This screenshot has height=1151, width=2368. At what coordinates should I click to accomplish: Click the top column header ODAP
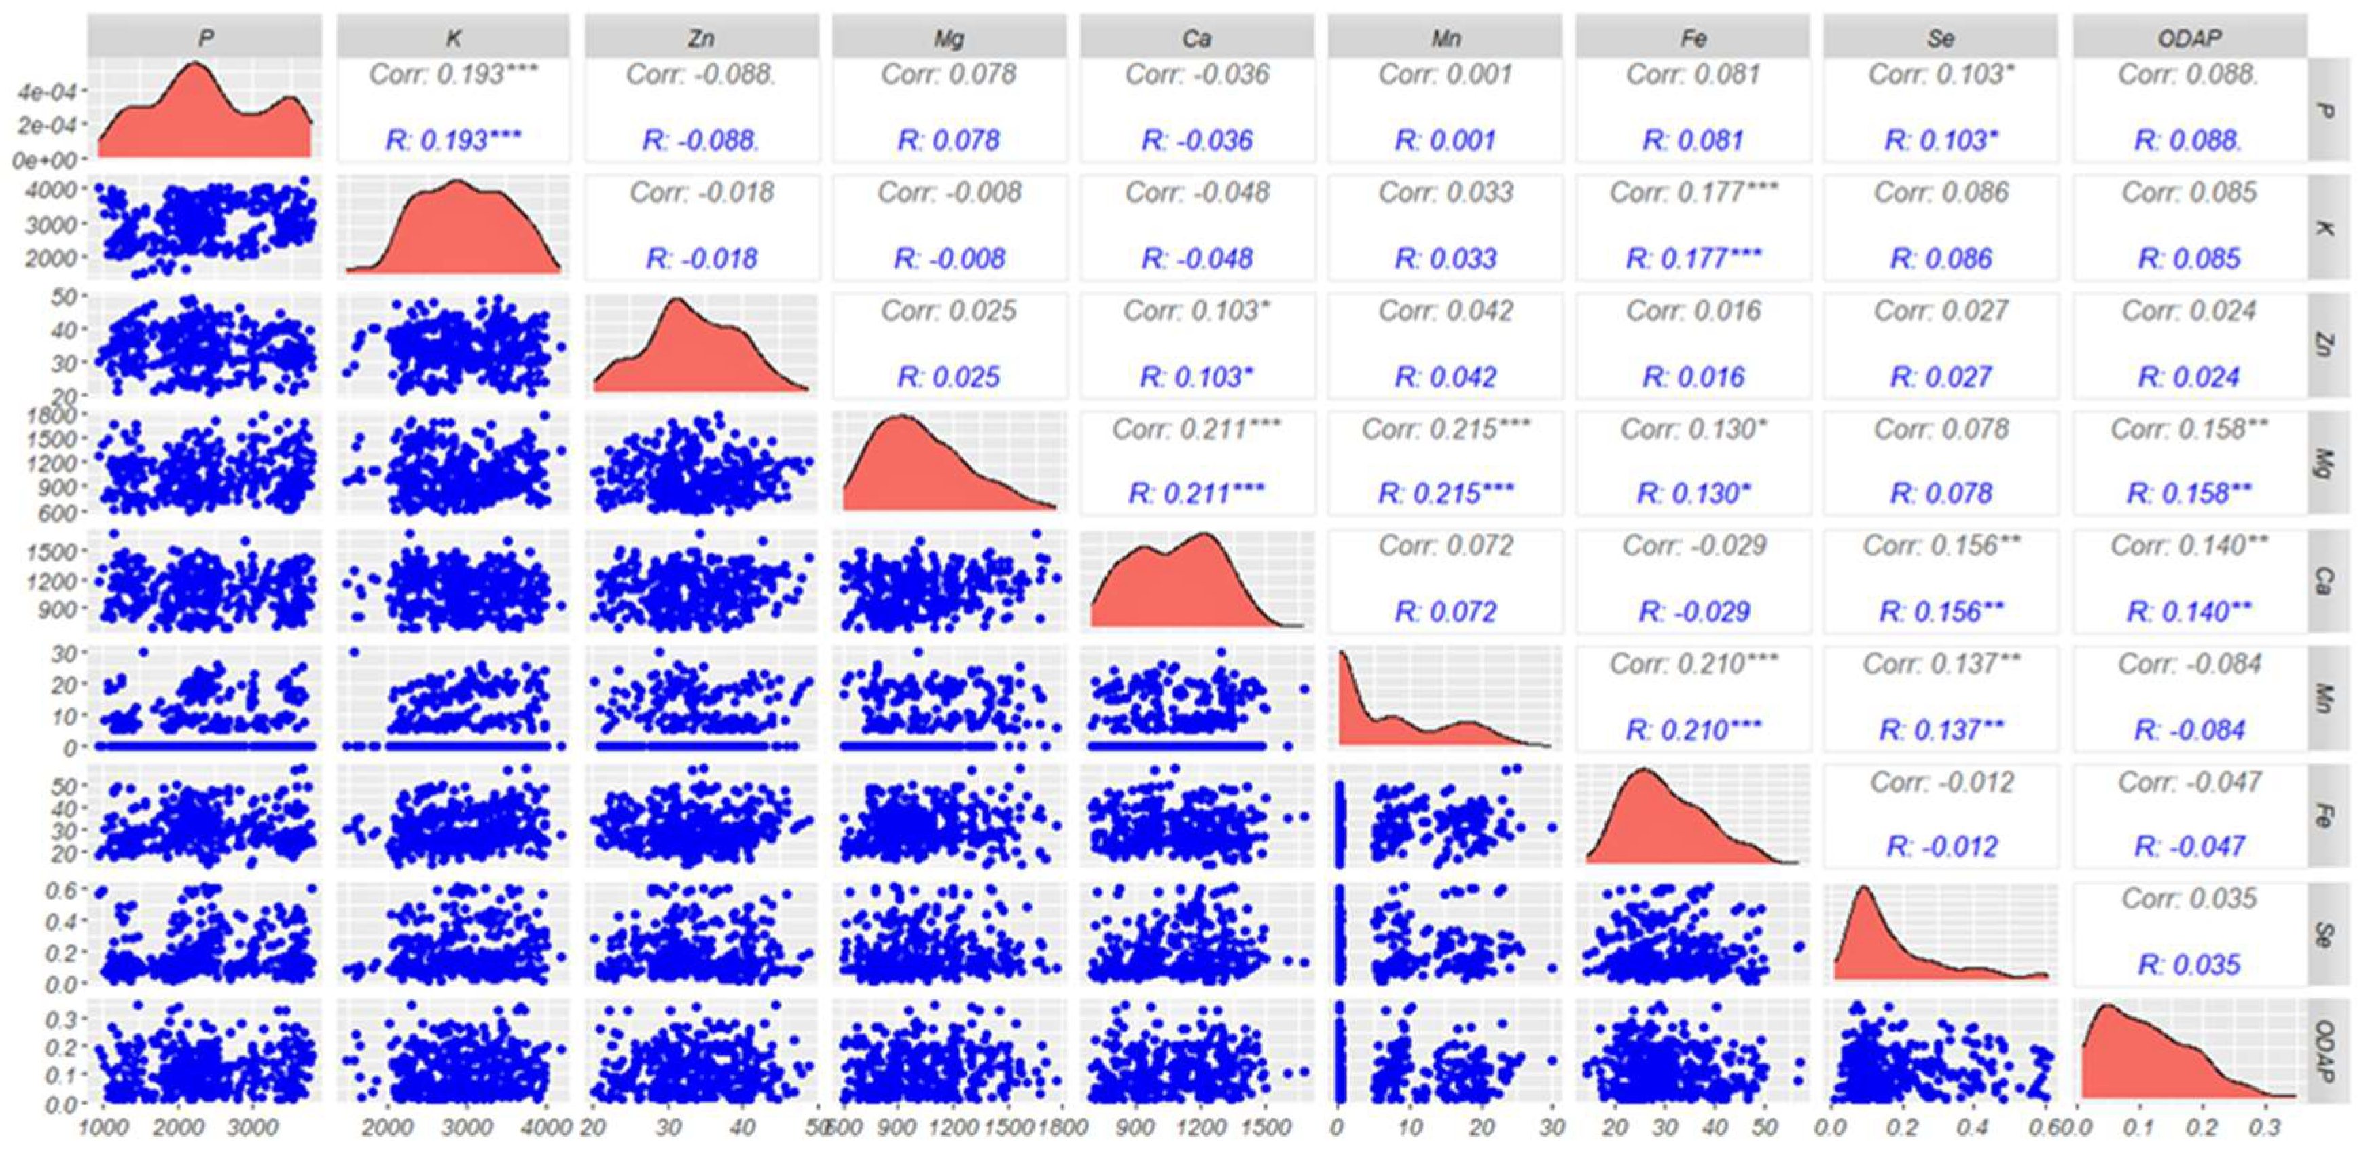coord(2189,37)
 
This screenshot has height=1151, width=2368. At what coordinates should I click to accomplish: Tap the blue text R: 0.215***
coord(1445,494)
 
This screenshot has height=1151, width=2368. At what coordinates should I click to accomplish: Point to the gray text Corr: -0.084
coord(2189,664)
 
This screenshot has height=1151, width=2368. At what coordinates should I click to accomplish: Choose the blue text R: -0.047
coord(2189,846)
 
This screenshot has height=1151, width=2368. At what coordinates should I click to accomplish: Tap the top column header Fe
coord(1693,37)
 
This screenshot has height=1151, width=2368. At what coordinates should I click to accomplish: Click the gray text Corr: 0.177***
coord(1693,192)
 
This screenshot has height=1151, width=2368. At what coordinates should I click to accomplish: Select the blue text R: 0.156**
coord(1941,612)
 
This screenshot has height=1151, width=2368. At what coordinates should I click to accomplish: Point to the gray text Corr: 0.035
coord(2189,898)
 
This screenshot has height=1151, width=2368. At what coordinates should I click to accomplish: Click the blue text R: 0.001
coord(1445,140)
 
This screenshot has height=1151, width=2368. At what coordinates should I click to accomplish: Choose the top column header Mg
coord(949,37)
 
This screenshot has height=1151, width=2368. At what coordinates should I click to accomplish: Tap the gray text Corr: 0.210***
coord(1693,664)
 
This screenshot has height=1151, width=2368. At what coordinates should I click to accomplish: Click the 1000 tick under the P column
coord(104,1127)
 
